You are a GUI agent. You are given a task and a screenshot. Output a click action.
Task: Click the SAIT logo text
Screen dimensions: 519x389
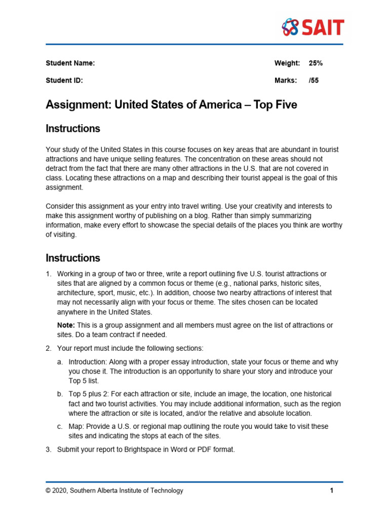pos(323,27)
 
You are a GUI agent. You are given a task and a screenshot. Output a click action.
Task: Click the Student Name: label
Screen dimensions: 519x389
pos(70,63)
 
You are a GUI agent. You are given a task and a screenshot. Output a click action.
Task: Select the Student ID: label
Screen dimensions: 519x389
pos(64,80)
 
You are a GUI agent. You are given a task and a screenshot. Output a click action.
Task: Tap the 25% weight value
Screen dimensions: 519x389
pos(316,63)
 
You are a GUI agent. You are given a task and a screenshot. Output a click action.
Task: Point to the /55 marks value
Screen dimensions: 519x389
pos(314,80)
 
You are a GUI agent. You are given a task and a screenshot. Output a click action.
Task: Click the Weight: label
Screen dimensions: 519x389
pos(287,63)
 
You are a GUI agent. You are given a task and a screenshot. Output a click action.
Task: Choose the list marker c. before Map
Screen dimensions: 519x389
pos(60,426)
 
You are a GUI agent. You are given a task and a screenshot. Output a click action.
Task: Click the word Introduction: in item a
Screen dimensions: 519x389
pos(87,362)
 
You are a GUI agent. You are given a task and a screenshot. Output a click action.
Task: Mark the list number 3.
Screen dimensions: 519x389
pos(49,449)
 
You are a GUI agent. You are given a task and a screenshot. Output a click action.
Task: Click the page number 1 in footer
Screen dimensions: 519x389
pos(331,491)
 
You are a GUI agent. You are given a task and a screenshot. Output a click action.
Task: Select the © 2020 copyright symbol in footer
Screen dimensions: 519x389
pos(49,491)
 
